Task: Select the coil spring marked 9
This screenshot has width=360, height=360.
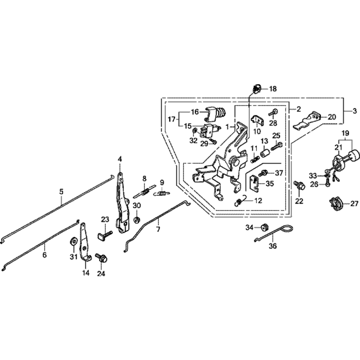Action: [x=162, y=194]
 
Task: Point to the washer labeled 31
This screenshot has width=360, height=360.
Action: [x=73, y=240]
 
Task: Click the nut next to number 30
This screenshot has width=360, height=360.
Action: [x=137, y=219]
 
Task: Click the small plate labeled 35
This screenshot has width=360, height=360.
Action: [x=256, y=184]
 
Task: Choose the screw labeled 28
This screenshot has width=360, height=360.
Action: [x=273, y=113]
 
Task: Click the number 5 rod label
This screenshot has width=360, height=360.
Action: [x=61, y=192]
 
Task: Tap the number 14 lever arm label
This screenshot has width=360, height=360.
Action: [x=85, y=273]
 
